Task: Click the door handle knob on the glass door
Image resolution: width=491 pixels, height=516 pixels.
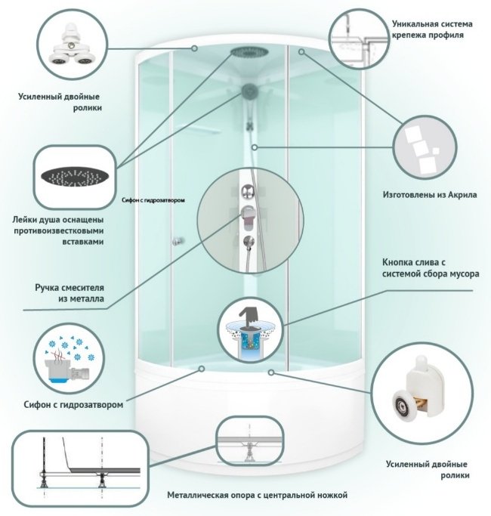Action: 177,241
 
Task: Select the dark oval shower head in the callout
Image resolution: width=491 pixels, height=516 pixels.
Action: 75,176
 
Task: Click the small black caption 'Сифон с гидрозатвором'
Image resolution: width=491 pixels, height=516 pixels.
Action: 153,200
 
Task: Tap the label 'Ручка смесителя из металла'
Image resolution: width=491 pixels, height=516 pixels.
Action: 69,293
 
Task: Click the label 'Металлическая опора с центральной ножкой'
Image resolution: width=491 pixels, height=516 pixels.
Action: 257,495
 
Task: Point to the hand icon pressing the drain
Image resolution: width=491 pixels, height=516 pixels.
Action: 249,317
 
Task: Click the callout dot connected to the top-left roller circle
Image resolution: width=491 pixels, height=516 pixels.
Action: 194,48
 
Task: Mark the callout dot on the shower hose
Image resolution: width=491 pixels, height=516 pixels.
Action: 255,147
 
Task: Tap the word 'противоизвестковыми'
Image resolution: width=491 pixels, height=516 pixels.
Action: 59,230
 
